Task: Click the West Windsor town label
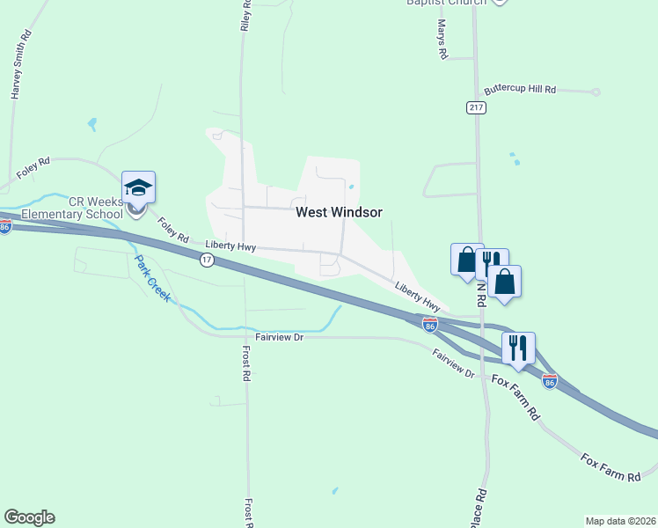tap(339, 212)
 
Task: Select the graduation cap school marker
tap(138, 187)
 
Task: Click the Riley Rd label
tap(246, 16)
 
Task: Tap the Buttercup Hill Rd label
tap(521, 90)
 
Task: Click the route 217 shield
tap(476, 107)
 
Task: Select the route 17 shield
tap(207, 260)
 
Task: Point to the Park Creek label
tap(151, 279)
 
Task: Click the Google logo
tap(29, 517)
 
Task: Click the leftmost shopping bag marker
tap(466, 260)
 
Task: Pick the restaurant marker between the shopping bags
tap(492, 261)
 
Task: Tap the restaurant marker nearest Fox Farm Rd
tap(518, 348)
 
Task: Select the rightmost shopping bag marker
tap(505, 282)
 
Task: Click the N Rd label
tap(481, 290)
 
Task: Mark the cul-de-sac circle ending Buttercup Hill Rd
tap(596, 92)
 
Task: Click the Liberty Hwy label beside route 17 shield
tap(230, 246)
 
